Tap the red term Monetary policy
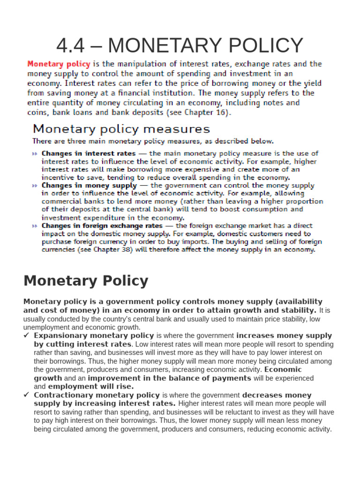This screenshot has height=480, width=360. [x=59, y=64]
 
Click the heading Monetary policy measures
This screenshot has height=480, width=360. [x=121, y=129]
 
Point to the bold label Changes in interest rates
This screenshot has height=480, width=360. [x=89, y=153]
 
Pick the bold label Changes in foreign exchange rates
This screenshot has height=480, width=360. [x=102, y=225]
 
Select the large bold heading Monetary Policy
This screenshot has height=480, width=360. [x=86, y=281]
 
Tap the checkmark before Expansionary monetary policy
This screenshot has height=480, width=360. [x=27, y=336]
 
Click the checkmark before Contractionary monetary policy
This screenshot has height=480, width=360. [x=27, y=395]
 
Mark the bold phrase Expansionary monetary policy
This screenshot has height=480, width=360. [x=94, y=336]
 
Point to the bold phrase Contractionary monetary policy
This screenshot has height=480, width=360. [x=97, y=395]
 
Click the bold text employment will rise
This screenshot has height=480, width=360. [x=90, y=387]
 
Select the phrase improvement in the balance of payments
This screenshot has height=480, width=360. [x=169, y=378]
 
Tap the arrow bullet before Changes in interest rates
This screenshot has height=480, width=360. [x=35, y=154]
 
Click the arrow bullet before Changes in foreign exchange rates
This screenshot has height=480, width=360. [x=35, y=226]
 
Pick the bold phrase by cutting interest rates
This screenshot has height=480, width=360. [x=82, y=344]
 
